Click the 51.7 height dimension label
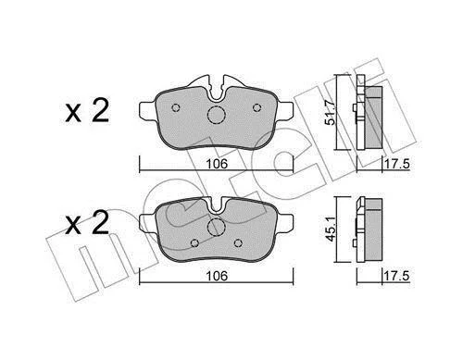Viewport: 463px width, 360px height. pos(331,113)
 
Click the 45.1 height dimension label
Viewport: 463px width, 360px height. pos(331,229)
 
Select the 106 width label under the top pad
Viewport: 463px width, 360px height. pos(217,164)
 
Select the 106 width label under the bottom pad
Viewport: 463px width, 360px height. pos(217,276)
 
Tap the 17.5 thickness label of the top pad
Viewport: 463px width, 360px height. pos(396,164)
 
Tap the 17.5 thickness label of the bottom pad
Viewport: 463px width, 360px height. pos(396,276)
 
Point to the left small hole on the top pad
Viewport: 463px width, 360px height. pos(176,107)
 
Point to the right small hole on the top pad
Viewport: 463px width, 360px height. pos(257,107)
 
